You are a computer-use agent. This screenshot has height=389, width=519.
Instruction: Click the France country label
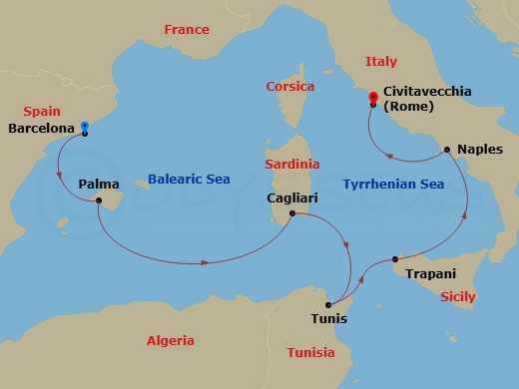(x=187, y=30)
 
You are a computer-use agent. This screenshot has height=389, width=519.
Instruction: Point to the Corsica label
(x=289, y=87)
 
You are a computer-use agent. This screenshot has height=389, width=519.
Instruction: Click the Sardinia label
(x=292, y=163)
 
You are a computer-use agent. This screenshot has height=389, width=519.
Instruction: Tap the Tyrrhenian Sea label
(x=392, y=185)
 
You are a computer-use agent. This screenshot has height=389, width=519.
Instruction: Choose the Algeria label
(x=171, y=340)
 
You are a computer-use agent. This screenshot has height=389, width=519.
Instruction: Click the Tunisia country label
(x=310, y=353)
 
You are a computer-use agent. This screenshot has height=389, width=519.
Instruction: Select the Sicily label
(x=457, y=296)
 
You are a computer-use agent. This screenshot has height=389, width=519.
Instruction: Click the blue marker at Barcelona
(x=84, y=127)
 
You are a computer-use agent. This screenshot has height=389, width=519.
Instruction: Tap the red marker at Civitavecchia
(x=372, y=98)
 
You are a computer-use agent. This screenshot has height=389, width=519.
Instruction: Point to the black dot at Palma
(x=99, y=200)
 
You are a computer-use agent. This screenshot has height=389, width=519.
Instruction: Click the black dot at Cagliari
(x=291, y=213)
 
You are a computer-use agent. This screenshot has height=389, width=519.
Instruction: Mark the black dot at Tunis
(x=328, y=304)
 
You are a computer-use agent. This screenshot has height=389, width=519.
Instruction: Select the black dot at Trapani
(x=396, y=258)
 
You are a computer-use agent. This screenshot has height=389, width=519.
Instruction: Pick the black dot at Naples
(x=447, y=151)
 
